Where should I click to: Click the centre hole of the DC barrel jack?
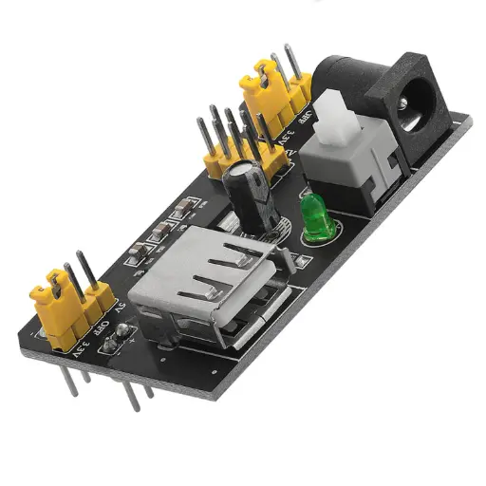coord(416,98)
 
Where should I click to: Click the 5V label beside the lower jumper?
coord(120,309)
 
